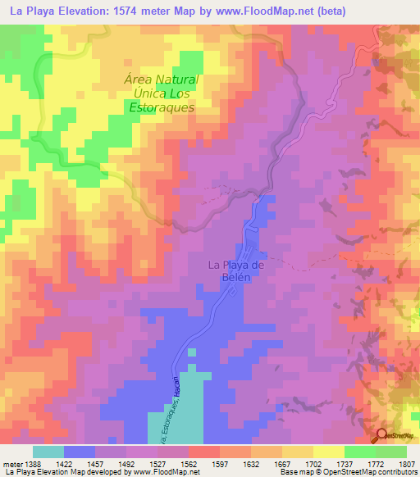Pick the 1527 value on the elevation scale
pos(166,464)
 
